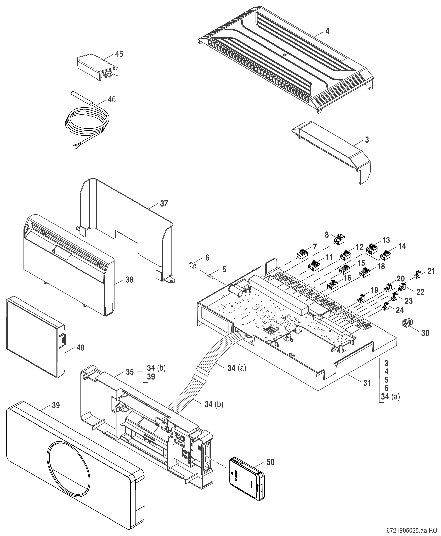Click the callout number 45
click(119, 54)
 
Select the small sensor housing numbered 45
click(97, 67)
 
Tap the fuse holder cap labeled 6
click(192, 266)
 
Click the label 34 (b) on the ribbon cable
click(214, 404)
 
